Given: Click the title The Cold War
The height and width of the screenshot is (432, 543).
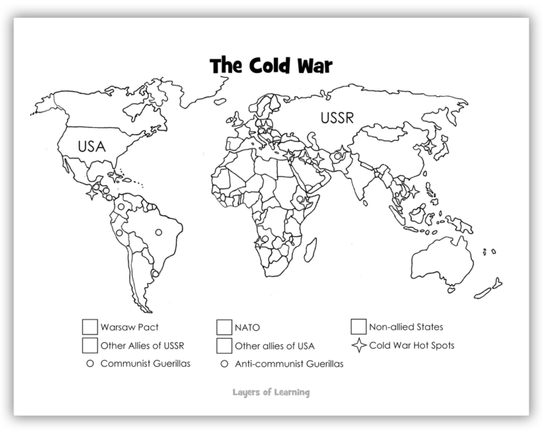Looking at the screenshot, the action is [271, 66].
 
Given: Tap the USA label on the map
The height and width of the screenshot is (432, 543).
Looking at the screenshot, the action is [91, 147].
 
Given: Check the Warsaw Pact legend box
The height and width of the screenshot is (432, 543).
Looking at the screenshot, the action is [89, 327].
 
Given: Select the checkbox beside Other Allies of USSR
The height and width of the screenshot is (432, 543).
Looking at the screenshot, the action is [89, 345].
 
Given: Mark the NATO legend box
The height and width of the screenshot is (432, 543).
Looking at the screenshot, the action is [223, 327].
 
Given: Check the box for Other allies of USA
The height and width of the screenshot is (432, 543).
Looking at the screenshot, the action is [223, 345].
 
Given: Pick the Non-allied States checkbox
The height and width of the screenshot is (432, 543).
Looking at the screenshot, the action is [358, 327].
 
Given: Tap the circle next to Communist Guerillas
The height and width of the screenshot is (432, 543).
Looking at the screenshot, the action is [89, 364].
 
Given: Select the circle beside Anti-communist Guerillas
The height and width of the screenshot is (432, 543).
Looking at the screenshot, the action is [223, 364].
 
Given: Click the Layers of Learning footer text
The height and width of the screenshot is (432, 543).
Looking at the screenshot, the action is [271, 391].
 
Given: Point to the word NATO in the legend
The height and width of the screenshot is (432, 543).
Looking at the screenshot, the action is [248, 327].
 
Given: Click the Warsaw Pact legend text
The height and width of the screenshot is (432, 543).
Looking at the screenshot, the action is [129, 327].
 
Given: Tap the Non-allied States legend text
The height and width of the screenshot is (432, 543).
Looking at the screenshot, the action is [406, 327].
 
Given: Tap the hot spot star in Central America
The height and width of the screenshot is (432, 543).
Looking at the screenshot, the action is [92, 191].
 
